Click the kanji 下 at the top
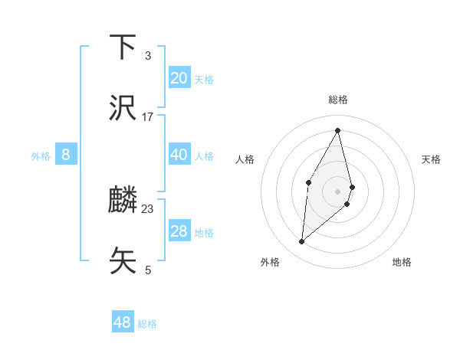pyautogui.click(x=123, y=47)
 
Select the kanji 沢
pyautogui.click(x=123, y=109)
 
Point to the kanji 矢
pyautogui.click(x=123, y=260)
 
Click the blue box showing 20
pyautogui.click(x=179, y=78)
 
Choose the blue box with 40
pyautogui.click(x=179, y=155)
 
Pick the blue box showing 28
pyautogui.click(x=179, y=231)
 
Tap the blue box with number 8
pyautogui.click(x=66, y=155)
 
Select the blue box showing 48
pyautogui.click(x=122, y=322)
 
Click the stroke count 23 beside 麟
pyautogui.click(x=148, y=208)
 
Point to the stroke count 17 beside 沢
pyautogui.click(x=148, y=116)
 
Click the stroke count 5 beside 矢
pyautogui.click(x=148, y=270)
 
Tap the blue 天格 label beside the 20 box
pyautogui.click(x=204, y=80)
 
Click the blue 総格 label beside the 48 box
pyautogui.click(x=147, y=324)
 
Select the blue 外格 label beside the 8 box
pyautogui.click(x=41, y=156)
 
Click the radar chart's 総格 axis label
pyautogui.click(x=337, y=100)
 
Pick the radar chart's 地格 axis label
pyautogui.click(x=402, y=262)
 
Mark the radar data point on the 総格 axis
pyautogui.click(x=337, y=129)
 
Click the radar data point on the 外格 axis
pyautogui.click(x=302, y=242)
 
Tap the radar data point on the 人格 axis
pyautogui.click(x=308, y=182)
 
